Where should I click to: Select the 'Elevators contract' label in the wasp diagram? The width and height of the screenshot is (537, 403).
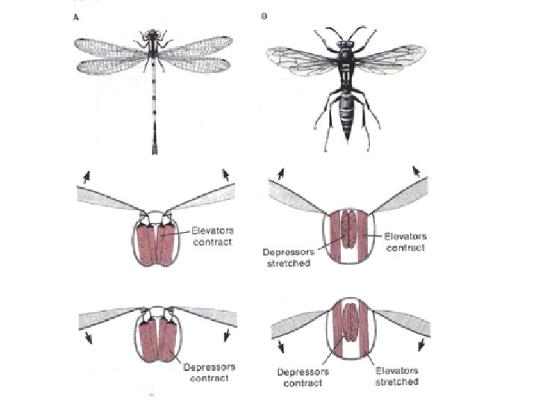(x=405, y=242)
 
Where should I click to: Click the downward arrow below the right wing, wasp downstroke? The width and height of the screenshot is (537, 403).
(x=422, y=344)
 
